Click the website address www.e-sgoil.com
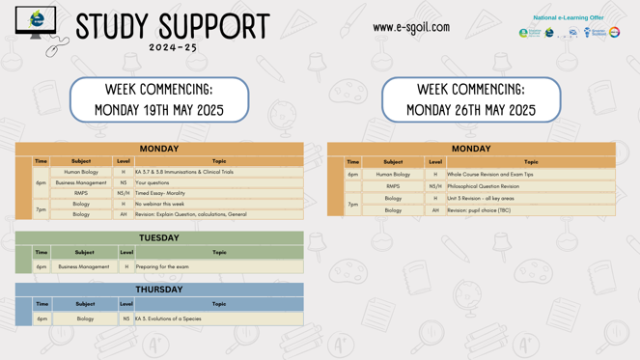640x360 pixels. (410, 27)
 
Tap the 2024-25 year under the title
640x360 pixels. (173, 47)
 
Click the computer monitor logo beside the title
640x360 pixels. (36, 22)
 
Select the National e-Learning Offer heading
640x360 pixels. (568, 17)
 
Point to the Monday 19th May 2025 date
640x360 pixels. (159, 110)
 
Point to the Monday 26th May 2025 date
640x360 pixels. (471, 110)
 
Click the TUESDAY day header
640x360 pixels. (158, 237)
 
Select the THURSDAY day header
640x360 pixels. (158, 290)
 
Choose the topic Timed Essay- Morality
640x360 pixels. (160, 193)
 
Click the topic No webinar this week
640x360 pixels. (159, 204)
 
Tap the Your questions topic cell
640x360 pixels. (153, 182)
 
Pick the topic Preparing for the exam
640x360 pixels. (162, 266)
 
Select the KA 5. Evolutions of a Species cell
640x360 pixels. (168, 318)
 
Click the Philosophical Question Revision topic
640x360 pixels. (483, 186)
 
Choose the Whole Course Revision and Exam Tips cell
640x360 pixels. (489, 175)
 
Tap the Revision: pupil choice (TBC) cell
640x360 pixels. (479, 210)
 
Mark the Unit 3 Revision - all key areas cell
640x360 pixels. (480, 198)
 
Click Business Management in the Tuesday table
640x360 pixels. (84, 266)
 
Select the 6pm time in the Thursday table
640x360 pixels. (42, 318)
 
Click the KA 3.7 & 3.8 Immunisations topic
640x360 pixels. (184, 172)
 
